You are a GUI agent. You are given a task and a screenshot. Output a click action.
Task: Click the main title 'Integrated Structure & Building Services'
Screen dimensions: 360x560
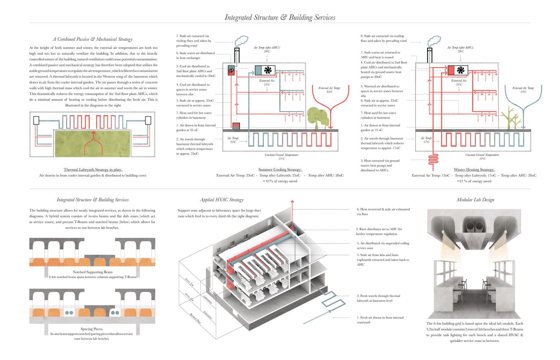pyautogui.click(x=280, y=17)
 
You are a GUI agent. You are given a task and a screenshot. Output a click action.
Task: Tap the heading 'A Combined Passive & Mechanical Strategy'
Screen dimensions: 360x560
pyautogui.click(x=92, y=39)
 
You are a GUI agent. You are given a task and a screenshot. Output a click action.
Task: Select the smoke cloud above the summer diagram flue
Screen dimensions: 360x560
pyautogui.click(x=241, y=40)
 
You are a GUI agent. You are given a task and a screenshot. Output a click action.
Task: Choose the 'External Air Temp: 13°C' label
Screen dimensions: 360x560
pyautogui.click(x=523, y=90)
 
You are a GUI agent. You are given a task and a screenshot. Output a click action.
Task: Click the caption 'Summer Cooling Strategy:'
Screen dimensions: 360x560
pyautogui.click(x=280, y=170)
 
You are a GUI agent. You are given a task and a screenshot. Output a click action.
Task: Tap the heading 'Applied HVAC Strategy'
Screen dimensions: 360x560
pyautogui.click(x=222, y=200)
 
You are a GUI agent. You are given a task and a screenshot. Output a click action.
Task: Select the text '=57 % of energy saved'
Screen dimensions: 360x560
pyautogui.click(x=474, y=181)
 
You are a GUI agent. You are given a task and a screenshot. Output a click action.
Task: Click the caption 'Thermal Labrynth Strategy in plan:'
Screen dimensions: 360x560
pyautogui.click(x=92, y=170)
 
